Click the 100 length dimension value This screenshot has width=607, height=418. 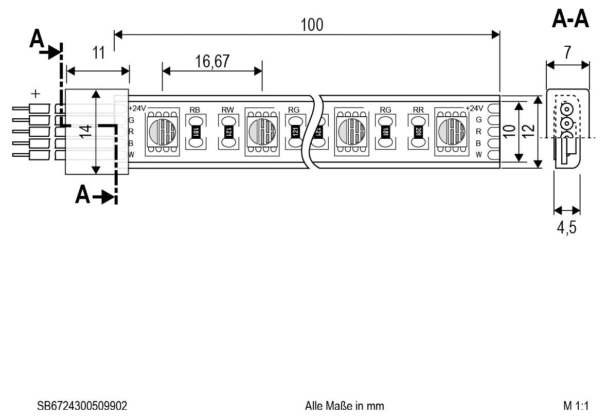pos(312,24)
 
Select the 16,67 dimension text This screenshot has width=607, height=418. pos(212,61)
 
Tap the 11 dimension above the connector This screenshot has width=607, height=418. pos(98,52)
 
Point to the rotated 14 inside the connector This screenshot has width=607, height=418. pos(86,131)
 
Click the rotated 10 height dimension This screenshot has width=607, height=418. pos(509,131)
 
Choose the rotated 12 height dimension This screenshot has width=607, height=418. pos(529,131)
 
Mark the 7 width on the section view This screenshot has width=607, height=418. pos(567,53)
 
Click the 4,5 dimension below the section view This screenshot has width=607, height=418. pos(566,227)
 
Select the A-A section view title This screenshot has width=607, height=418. pos(570,20)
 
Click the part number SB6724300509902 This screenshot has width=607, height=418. pos(82,406)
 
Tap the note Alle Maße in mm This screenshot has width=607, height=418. pos(344,406)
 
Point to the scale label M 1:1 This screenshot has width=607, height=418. pos(576,406)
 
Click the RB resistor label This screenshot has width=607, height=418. pos(195,110)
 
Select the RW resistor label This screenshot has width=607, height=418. pos(228,110)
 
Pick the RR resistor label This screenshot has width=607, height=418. pos(418,110)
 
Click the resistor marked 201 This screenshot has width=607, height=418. pos(418,132)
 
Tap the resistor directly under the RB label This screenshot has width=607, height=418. pos(195,132)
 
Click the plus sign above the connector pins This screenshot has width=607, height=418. pos(35,94)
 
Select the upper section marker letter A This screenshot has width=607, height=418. pos(37,40)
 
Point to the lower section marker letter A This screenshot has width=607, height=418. pos(82,195)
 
